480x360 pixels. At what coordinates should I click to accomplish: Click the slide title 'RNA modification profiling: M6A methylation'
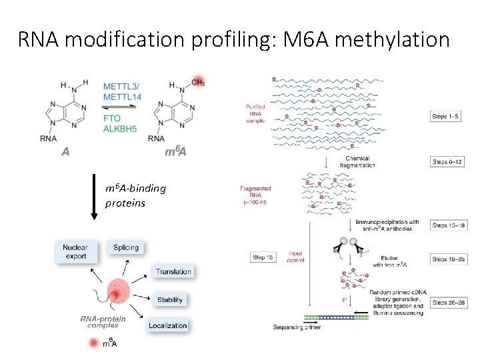point(234,39)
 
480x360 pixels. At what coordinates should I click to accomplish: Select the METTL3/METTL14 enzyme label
point(123,92)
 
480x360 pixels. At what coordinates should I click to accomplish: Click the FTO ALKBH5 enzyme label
point(120,123)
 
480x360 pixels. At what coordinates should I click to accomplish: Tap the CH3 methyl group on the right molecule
point(197,83)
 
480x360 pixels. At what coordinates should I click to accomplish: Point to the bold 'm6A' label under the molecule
point(175,153)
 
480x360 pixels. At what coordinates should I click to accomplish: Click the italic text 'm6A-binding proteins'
point(135,195)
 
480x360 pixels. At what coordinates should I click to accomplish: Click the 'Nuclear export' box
point(76,251)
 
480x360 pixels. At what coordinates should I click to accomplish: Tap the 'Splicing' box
point(126,247)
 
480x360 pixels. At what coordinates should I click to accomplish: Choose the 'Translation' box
point(173,271)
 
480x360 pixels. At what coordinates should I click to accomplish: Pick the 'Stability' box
point(170,300)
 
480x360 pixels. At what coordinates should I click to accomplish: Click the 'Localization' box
point(168,325)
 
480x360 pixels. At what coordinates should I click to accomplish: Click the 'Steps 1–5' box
point(445,117)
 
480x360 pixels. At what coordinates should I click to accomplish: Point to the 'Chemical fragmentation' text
point(357,162)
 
